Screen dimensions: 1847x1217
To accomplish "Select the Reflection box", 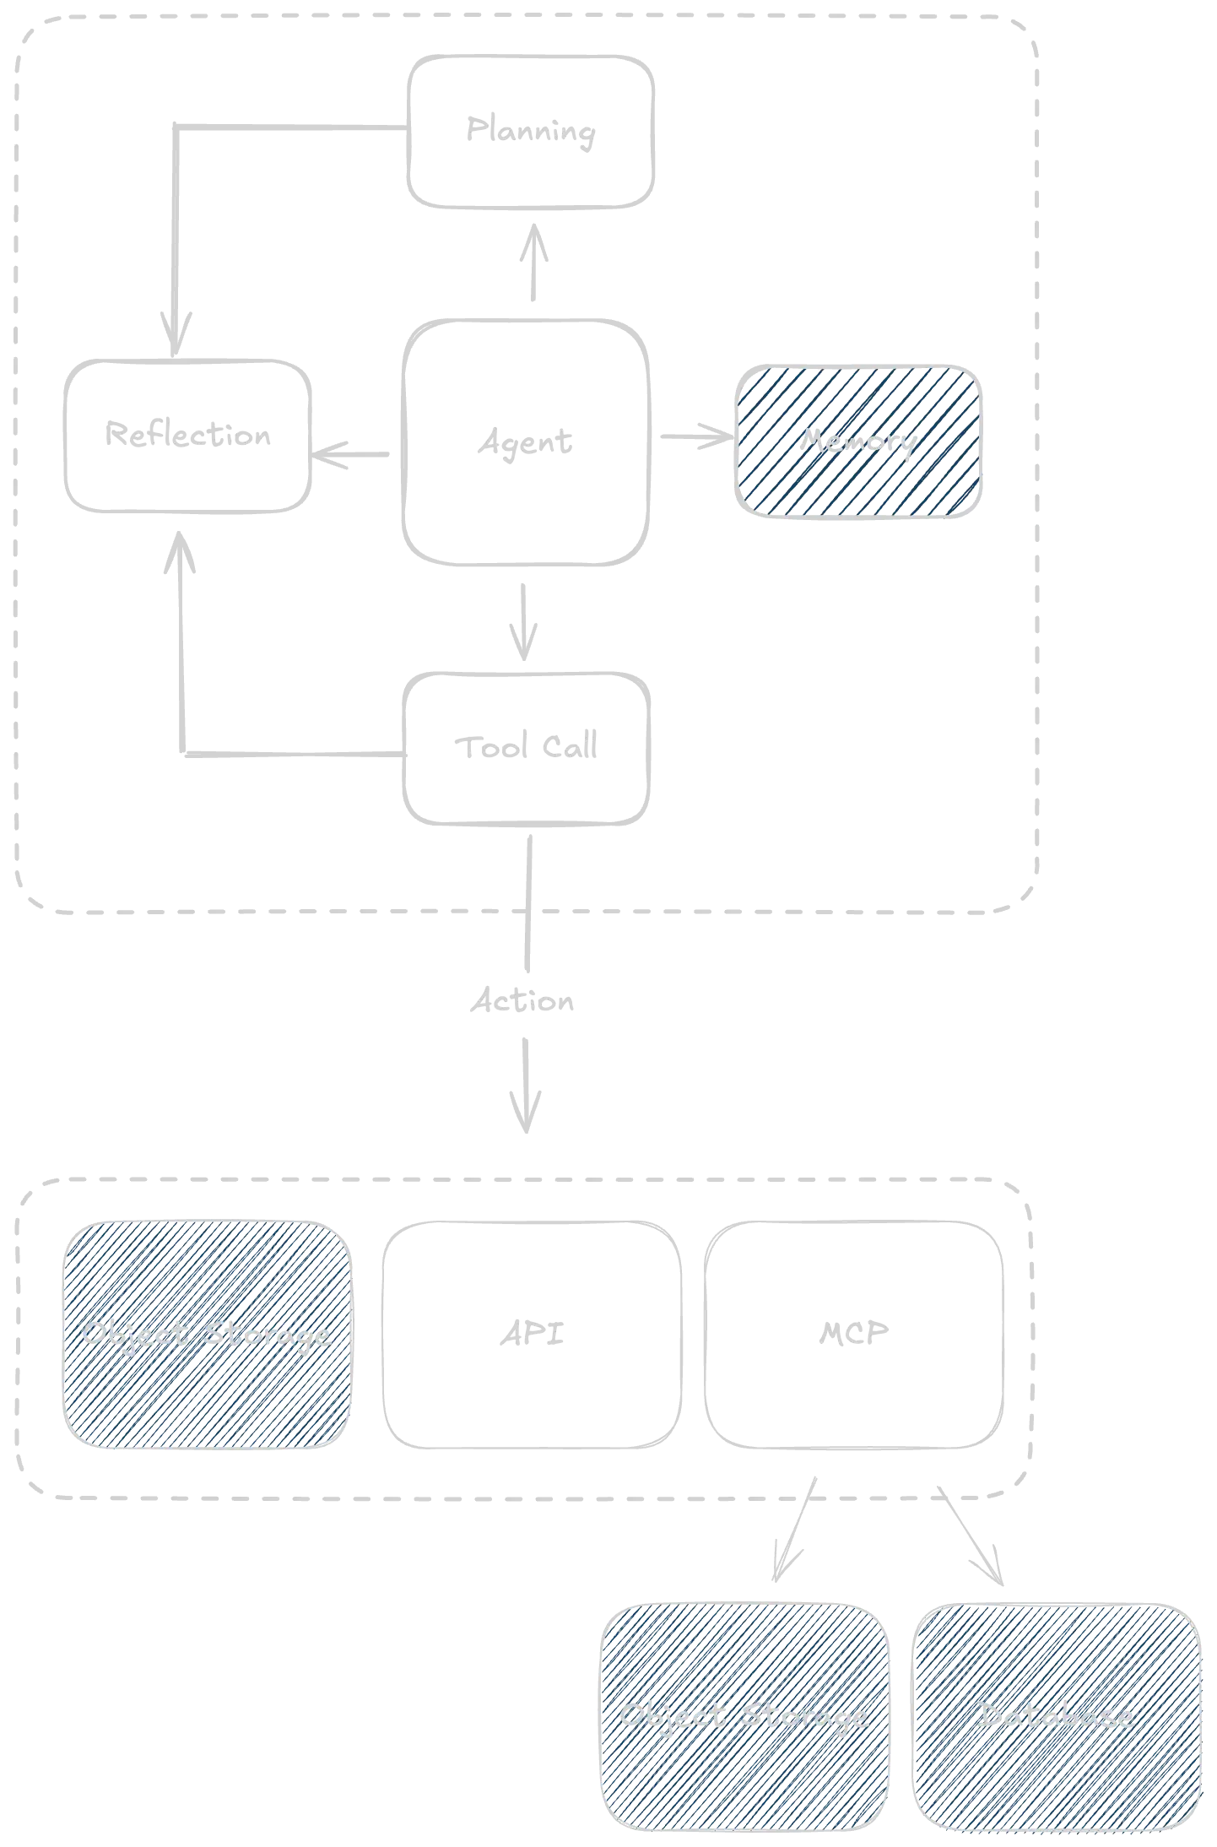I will pos(187,436).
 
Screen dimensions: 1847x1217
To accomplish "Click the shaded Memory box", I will pos(857,441).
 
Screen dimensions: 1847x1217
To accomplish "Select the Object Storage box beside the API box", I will pos(206,1334).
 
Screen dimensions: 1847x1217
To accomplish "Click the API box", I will pos(533,1334).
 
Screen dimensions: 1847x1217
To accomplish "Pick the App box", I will pos(854,1334).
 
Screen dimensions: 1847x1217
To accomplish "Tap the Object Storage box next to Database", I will pos(744,1715).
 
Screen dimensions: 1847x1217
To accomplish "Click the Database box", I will pos(1056,1715).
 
